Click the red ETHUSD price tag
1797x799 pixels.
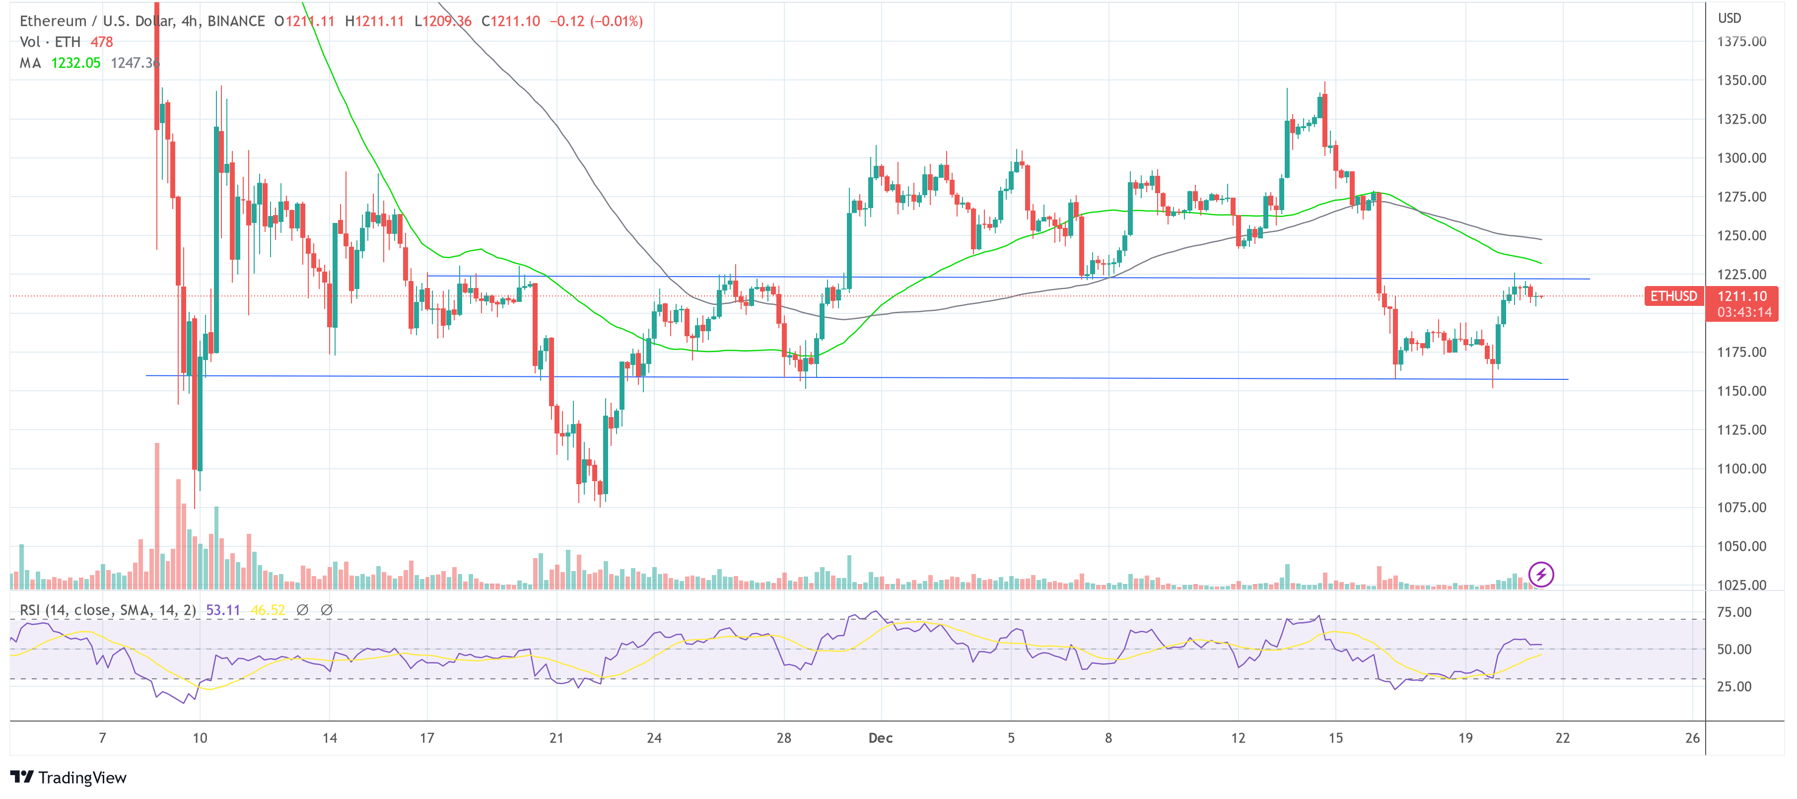tap(1673, 296)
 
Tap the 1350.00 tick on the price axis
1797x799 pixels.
tap(1741, 80)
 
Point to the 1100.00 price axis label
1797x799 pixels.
tap(1741, 468)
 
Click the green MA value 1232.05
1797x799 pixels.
tap(75, 63)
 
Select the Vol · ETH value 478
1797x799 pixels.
tap(101, 42)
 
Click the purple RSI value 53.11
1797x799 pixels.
tap(222, 610)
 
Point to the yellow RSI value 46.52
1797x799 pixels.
tap(268, 610)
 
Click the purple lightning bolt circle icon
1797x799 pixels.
tap(1541, 575)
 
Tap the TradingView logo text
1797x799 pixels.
tap(82, 777)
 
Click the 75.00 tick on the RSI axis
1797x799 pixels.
tap(1734, 612)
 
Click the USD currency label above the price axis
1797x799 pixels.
tap(1729, 18)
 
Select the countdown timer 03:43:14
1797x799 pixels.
tap(1744, 312)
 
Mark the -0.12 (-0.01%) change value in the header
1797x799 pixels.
tap(596, 21)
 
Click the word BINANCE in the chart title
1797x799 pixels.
tap(236, 21)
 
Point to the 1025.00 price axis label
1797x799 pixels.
tap(1741, 585)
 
